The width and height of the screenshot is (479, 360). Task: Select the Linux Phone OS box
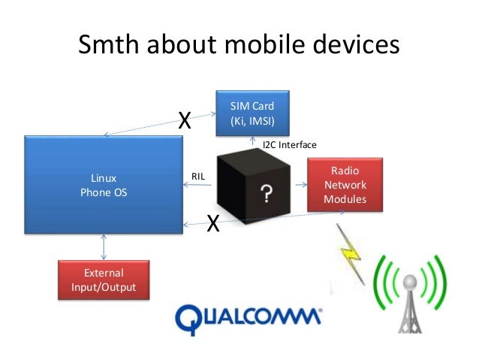coord(104,185)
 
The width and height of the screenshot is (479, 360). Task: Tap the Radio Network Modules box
coord(345,184)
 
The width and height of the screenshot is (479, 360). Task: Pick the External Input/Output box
coord(104,280)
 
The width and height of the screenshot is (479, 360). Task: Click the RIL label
coord(198,176)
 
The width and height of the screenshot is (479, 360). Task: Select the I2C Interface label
coord(289,144)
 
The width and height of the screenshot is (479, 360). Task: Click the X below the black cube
coord(213,223)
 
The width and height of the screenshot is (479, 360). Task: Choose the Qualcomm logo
coord(247,317)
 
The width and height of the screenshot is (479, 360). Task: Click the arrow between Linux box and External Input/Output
coord(104,246)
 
